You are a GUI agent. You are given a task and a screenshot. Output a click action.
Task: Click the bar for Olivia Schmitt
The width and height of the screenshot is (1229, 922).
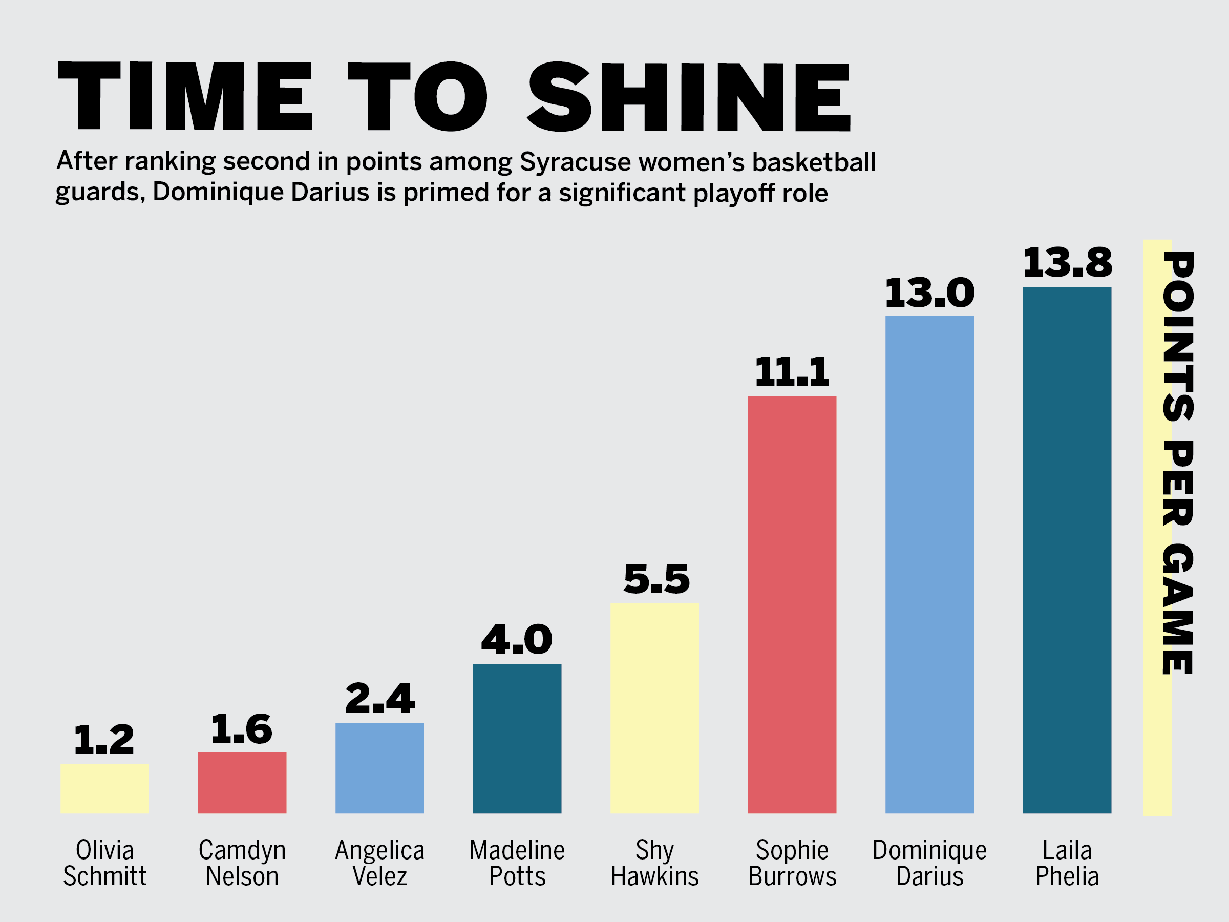tap(104, 789)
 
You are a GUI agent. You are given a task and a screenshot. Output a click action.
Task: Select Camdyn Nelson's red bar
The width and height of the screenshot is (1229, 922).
tap(242, 783)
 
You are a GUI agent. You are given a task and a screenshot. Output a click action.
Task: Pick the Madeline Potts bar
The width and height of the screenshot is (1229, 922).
tap(517, 739)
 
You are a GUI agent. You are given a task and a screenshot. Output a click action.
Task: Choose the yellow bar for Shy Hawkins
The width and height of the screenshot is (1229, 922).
tap(654, 708)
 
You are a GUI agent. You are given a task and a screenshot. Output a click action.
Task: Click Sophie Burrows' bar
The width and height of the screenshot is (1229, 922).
tap(792, 604)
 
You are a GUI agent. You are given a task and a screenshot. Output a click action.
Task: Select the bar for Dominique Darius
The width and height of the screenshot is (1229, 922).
tap(929, 564)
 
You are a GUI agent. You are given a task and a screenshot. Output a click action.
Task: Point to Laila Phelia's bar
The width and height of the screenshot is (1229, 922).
tap(1067, 550)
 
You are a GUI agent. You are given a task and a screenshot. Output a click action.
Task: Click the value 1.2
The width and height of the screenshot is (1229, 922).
tap(104, 739)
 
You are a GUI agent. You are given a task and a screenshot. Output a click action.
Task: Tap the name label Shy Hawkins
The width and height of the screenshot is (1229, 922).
tap(654, 863)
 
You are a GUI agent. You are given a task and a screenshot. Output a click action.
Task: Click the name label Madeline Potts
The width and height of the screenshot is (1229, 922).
tap(517, 863)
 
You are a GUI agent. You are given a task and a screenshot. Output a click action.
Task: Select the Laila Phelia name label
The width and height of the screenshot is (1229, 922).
tap(1067, 863)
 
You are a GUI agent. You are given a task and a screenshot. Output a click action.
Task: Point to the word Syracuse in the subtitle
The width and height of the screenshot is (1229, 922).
tap(575, 162)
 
